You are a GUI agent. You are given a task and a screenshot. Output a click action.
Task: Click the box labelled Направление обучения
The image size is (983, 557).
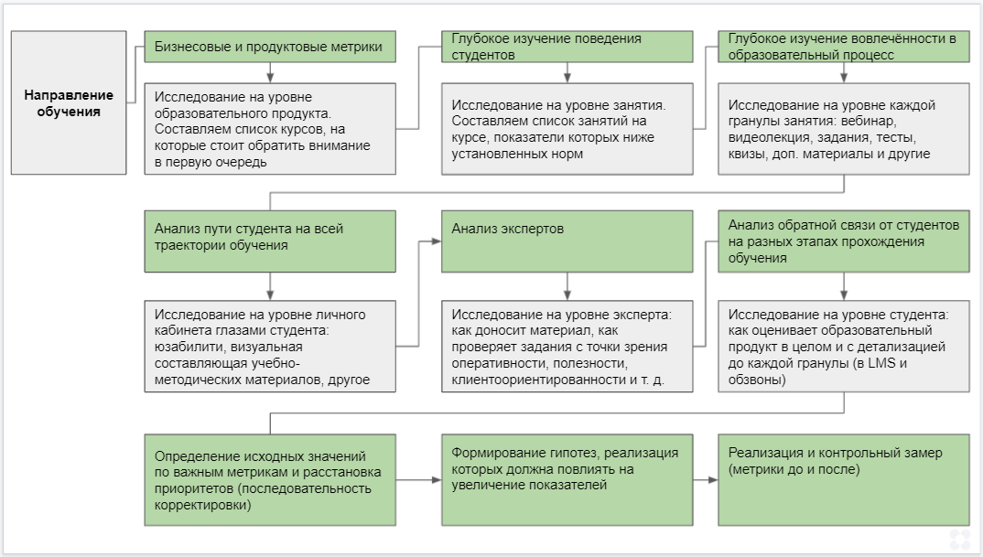[69, 102]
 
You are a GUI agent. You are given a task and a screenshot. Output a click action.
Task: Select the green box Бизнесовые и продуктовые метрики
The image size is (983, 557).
[270, 47]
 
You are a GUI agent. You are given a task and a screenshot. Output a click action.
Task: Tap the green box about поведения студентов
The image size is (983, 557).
[567, 47]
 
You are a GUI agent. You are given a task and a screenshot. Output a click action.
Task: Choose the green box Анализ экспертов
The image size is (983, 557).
[567, 241]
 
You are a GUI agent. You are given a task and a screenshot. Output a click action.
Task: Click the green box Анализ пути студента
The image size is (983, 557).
[270, 241]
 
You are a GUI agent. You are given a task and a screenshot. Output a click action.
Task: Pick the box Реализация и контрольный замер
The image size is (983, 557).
[843, 479]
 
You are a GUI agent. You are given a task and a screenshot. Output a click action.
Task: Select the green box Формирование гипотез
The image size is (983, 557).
[567, 479]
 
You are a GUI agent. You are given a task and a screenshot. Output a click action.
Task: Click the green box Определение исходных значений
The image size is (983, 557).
[270, 479]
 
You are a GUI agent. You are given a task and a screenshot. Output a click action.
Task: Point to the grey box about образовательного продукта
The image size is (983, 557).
[270, 129]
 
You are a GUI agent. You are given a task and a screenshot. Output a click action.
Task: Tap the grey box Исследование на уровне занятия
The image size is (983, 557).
[567, 129]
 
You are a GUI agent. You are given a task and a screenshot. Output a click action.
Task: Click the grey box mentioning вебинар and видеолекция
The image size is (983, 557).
[843, 129]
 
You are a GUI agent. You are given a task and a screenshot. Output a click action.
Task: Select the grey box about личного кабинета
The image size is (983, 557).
[270, 347]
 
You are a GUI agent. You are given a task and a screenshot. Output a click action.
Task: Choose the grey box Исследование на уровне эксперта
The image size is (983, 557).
[567, 347]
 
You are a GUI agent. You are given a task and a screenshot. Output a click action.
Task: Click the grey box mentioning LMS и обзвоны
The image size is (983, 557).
[843, 347]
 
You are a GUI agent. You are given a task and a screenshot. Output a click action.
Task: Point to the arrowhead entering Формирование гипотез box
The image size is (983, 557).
[436, 479]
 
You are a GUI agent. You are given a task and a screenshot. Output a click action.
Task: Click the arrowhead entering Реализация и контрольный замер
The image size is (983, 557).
[712, 479]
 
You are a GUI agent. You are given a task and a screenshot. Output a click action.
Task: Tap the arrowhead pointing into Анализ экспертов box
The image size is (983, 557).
[436, 241]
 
